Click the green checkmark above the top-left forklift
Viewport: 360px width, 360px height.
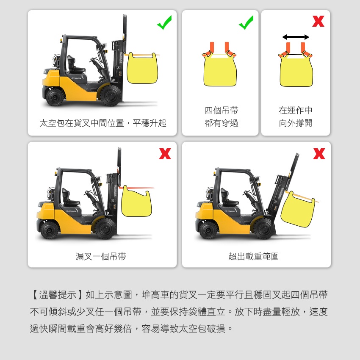pos(164,23)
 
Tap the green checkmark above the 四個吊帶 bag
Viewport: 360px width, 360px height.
pos(246,23)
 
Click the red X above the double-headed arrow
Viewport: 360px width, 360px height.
pos(318,21)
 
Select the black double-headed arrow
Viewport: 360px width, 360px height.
pos(296,37)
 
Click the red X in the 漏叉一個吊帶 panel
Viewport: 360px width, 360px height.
pos(165,154)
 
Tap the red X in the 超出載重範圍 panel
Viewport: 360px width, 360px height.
pos(319,154)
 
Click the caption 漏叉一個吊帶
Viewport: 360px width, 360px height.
pos(101,257)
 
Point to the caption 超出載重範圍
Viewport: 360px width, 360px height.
pos(254,257)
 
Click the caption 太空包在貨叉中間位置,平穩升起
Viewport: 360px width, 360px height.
pos(103,123)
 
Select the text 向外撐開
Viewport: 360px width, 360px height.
pos(296,123)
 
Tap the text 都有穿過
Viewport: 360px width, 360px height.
pos(222,123)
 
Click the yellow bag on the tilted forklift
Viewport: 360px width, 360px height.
pos(298,209)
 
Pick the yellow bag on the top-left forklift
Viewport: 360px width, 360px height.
pos(142,68)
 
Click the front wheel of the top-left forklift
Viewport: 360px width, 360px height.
pos(111,95)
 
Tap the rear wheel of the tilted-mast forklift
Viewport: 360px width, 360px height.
pos(208,230)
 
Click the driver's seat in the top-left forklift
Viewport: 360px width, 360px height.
pos(75,65)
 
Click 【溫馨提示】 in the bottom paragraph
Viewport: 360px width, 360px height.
pos(58,295)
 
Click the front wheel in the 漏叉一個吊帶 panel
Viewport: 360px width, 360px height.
pos(105,228)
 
